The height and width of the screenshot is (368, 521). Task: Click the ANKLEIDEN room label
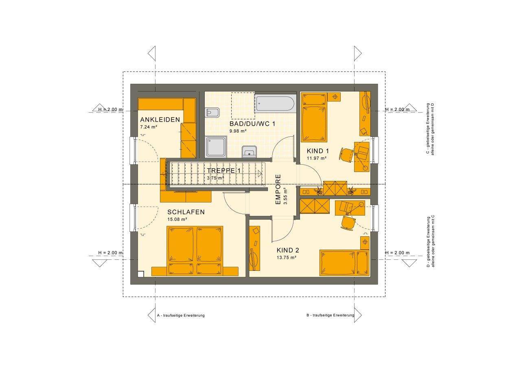click(x=160, y=120)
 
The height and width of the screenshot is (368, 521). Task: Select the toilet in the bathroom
click(x=212, y=112)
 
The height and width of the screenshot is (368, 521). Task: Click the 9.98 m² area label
click(x=238, y=131)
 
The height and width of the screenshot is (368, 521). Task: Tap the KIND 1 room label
click(x=317, y=151)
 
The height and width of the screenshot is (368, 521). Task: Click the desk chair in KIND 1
click(x=347, y=155)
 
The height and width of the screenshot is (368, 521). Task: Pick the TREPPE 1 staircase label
click(x=224, y=171)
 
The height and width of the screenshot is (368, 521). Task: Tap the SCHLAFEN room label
click(x=186, y=212)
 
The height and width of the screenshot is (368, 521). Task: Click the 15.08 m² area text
click(x=177, y=220)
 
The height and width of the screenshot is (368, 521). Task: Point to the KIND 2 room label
click(x=288, y=250)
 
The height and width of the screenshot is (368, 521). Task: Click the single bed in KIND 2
click(x=344, y=263)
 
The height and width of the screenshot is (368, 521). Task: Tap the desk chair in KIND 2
click(x=348, y=222)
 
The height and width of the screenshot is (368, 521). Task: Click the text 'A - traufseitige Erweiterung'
click(x=181, y=315)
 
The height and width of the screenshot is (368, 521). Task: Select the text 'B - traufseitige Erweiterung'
click(x=330, y=315)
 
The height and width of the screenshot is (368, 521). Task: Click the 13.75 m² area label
click(x=286, y=257)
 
